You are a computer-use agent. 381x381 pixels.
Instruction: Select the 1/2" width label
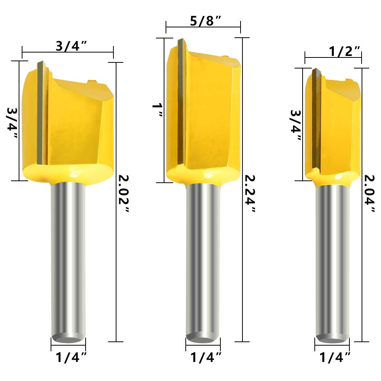tap(344, 51)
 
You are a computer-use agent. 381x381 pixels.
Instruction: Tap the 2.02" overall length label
tap(123, 194)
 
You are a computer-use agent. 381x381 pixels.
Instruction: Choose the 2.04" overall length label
tap(369, 193)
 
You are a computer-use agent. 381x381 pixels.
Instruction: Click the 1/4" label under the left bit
tap(71, 357)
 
